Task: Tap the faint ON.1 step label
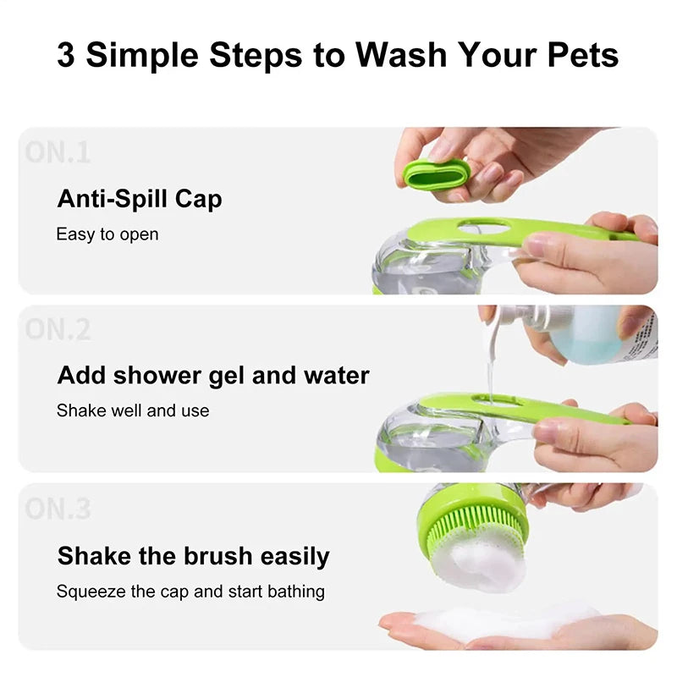pos(58,152)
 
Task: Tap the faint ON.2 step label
pos(58,329)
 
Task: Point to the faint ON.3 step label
pos(58,508)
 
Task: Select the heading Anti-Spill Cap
pos(140,200)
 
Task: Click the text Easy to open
pos(107,234)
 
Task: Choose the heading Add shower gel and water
pos(213,376)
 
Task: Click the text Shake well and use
pos(133,410)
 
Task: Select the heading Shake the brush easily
pos(193,556)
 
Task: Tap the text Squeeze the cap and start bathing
pos(190,591)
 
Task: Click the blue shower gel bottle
pos(584,332)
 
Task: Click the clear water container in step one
pos(415,267)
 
